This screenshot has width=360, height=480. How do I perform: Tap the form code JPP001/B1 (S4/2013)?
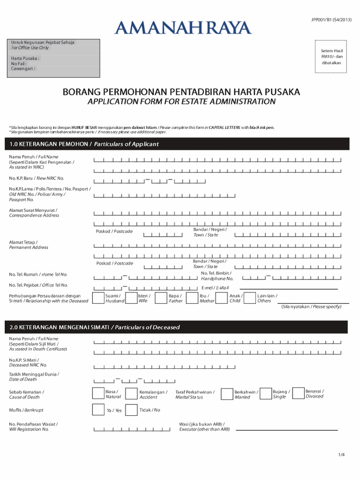pos(331,19)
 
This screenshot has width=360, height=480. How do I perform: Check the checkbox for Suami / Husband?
pos(98,298)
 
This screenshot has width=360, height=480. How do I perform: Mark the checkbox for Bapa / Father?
pos(161,298)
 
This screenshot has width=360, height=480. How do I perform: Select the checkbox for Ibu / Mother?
pos(192,298)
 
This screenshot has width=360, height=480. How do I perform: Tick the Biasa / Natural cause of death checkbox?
pos(98,394)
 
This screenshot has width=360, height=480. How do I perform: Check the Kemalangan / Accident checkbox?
pos(132,394)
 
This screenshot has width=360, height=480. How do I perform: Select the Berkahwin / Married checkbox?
pos(227,394)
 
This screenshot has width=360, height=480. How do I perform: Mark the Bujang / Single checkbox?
pos(265,394)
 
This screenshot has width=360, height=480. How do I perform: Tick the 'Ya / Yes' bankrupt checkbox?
pos(98,410)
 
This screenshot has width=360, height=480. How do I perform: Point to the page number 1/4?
pos(341,455)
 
